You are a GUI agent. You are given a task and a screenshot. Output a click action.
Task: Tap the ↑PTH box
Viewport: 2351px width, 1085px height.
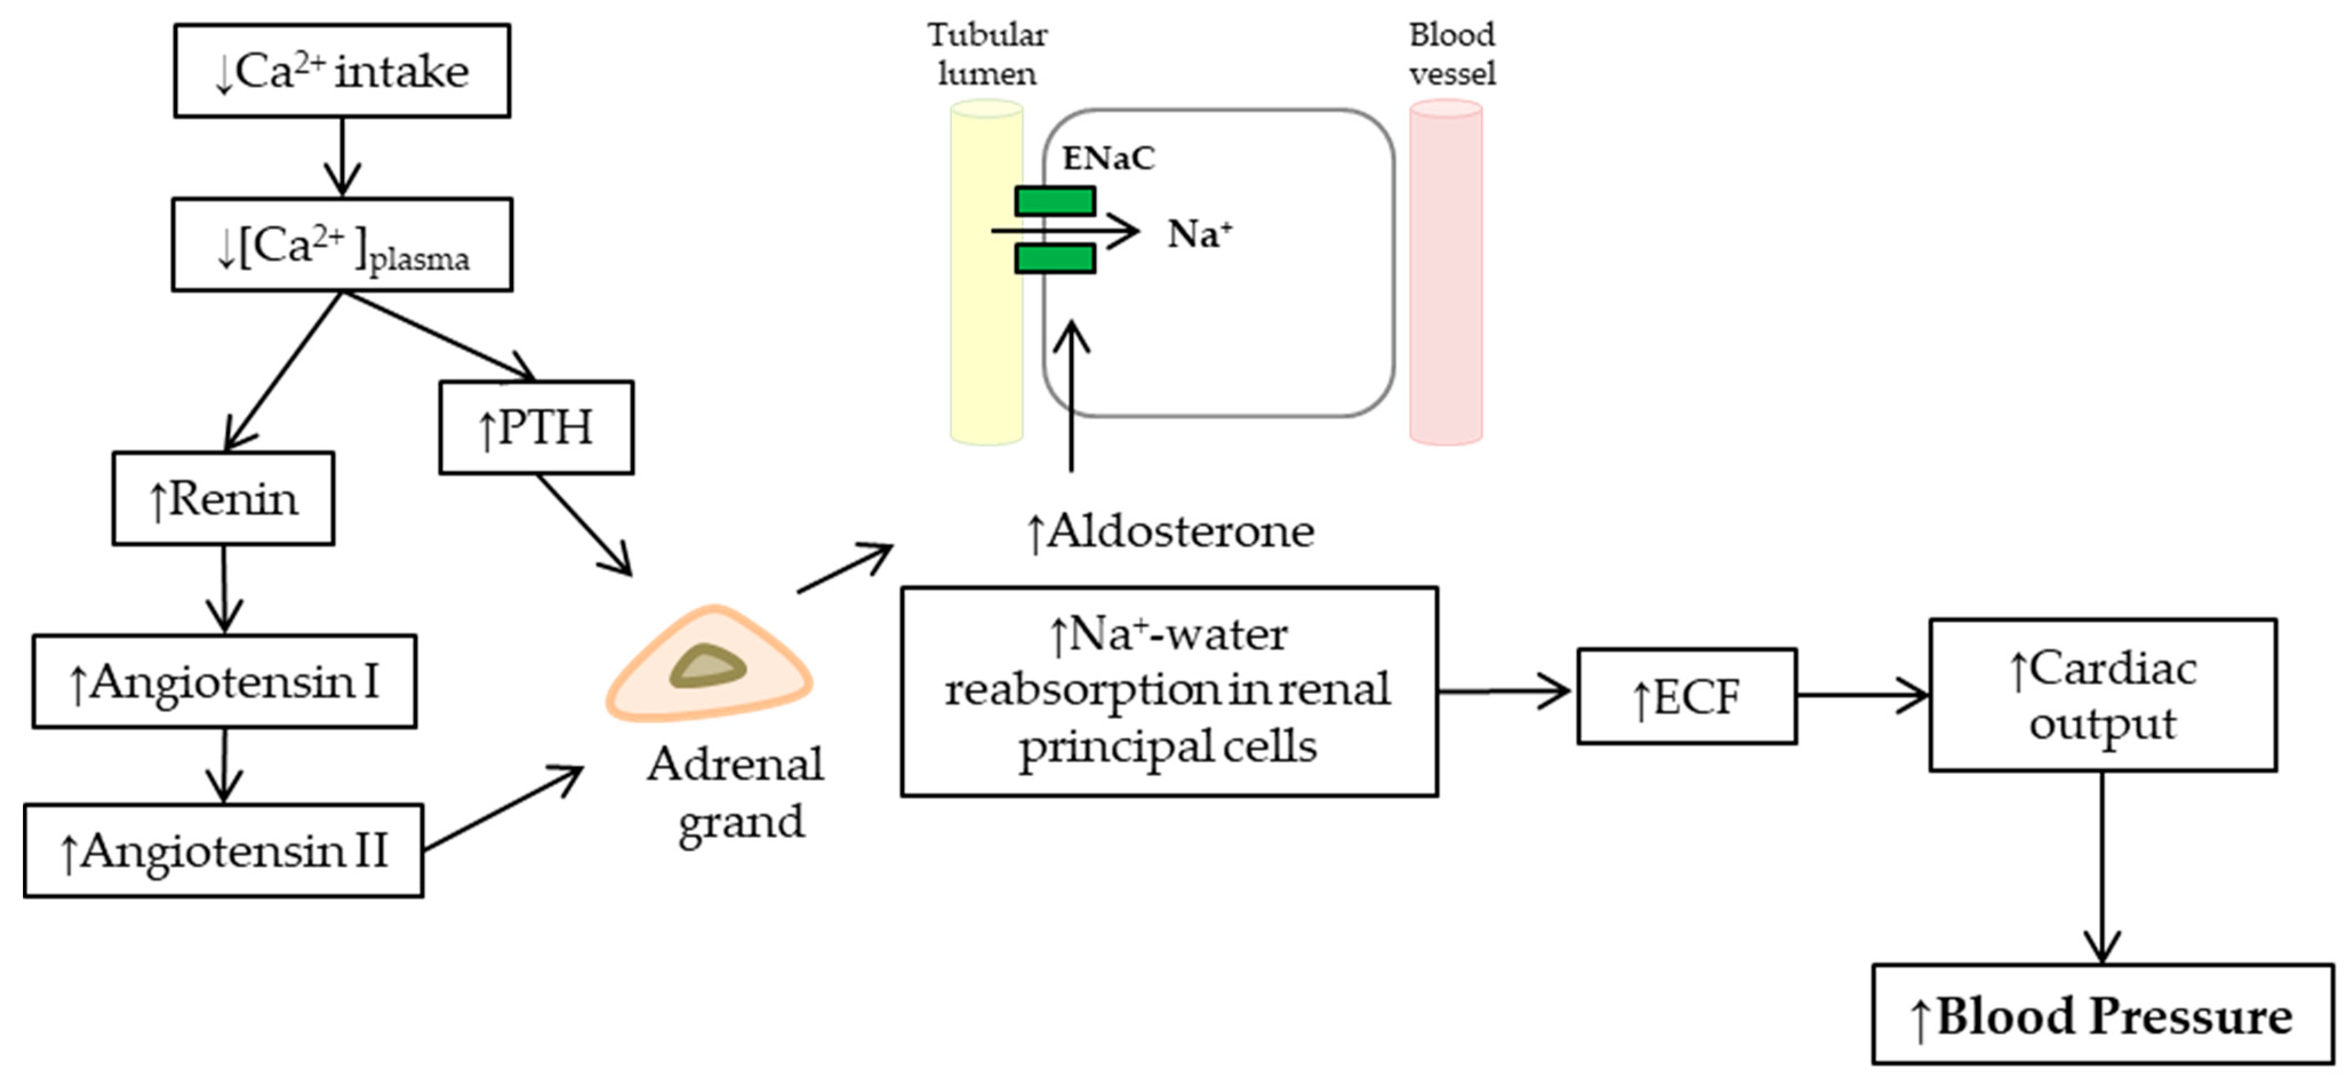pos(536,427)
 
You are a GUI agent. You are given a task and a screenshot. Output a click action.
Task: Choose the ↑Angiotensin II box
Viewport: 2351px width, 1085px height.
pos(223,851)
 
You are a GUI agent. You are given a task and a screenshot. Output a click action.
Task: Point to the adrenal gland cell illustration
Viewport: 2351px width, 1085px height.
pos(708,664)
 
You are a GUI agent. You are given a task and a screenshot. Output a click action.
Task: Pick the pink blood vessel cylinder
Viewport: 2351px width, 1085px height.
pos(1445,274)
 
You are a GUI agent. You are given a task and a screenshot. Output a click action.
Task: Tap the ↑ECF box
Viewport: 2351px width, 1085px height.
pos(1687,697)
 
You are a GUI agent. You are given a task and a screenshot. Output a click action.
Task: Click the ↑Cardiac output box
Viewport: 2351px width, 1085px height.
pos(2102,695)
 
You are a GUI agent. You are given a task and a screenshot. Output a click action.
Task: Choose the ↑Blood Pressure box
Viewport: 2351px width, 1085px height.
pos(2102,1015)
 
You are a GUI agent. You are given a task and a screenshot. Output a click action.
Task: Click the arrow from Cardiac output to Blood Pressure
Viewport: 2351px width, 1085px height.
pos(2102,867)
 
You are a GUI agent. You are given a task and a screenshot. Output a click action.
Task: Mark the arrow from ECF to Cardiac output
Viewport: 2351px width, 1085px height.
pos(1862,695)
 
